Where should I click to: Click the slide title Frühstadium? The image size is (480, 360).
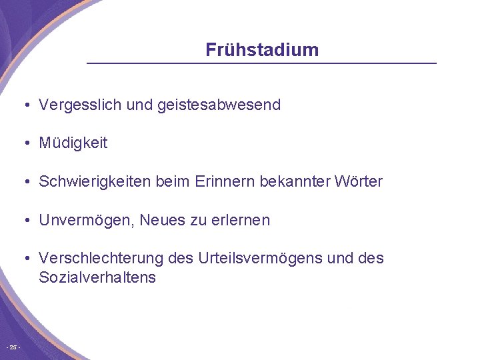coord(262,50)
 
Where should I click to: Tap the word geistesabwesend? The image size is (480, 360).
coord(219,105)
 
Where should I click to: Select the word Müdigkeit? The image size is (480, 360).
coord(73,143)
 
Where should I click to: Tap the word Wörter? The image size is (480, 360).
coord(359,181)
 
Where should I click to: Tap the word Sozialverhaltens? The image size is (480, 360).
coord(97,277)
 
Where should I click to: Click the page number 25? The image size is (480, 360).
coord(13,347)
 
